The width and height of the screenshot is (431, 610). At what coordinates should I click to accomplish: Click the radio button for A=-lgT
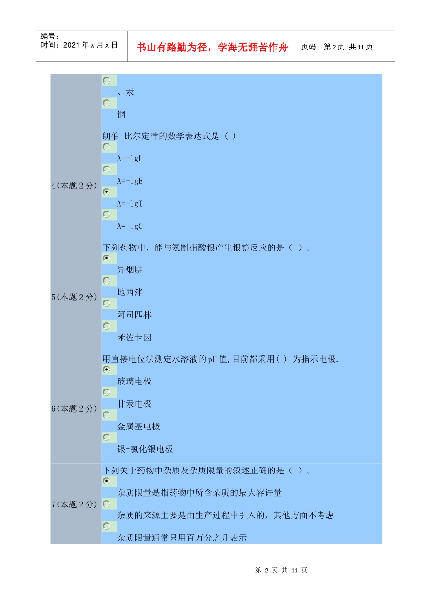[x=107, y=192]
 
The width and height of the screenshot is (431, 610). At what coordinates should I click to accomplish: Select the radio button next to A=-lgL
[x=107, y=147]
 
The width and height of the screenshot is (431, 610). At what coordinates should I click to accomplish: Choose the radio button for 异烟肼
[x=107, y=258]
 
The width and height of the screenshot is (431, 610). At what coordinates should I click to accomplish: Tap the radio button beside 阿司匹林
[x=107, y=303]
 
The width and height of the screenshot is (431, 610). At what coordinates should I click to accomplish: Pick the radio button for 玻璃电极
[x=107, y=369]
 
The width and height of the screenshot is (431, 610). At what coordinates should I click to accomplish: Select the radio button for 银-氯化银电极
[x=107, y=438]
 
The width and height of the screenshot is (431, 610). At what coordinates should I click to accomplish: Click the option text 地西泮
[x=130, y=292]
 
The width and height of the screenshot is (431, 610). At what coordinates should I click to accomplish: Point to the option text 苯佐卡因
[x=134, y=337]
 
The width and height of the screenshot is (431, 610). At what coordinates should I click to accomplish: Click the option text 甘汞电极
[x=134, y=404]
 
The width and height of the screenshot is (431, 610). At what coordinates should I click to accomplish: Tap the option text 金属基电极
[x=139, y=426]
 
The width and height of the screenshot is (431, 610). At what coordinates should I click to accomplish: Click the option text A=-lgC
[x=130, y=226]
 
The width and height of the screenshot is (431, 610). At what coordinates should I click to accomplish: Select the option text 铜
[x=121, y=114]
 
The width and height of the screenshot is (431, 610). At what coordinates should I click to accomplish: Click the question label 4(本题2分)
[x=74, y=186]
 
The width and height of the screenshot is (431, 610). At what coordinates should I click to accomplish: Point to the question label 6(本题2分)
[x=74, y=409]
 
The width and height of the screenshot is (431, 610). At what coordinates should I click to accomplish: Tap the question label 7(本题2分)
[x=74, y=504]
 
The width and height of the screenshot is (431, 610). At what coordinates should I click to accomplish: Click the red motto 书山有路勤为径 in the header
[x=212, y=47]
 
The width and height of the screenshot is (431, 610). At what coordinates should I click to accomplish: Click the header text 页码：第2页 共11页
[x=337, y=47]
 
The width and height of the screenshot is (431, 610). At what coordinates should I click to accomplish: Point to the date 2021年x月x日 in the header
[x=90, y=45]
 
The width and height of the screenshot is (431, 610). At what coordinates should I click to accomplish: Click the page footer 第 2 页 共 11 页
[x=281, y=570]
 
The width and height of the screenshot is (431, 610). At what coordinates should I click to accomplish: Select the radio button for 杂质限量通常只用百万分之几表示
[x=107, y=526]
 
